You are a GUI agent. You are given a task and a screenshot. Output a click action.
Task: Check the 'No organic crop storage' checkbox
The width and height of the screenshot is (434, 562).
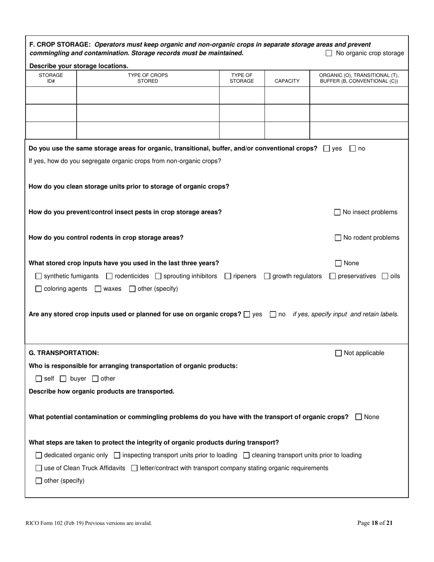[329, 53]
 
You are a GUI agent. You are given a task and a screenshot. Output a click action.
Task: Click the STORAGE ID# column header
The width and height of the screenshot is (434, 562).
[51, 78]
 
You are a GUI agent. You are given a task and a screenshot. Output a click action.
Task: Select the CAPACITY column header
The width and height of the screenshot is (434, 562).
[287, 81]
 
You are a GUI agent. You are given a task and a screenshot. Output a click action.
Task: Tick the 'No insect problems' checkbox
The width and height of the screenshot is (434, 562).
[338, 212]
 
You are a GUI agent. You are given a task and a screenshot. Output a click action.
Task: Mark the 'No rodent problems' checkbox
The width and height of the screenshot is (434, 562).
[338, 238]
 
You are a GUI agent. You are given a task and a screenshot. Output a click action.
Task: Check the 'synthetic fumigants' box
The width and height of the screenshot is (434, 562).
[38, 276]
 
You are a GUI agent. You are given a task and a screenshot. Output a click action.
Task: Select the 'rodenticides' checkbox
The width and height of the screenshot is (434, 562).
[109, 276]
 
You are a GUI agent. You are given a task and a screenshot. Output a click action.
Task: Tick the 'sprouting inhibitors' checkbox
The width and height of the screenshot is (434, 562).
[158, 276]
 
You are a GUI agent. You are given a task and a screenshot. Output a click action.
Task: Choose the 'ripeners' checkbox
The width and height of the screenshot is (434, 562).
[228, 276]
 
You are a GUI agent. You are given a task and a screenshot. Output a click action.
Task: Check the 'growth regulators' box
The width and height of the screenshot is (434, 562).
[267, 276]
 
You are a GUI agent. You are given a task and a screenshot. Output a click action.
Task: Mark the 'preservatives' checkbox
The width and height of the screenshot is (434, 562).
[333, 276]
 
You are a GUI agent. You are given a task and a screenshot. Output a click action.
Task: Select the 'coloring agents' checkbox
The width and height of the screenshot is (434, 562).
[38, 289]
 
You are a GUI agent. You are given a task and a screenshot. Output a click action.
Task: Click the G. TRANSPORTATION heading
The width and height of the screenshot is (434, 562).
[64, 353]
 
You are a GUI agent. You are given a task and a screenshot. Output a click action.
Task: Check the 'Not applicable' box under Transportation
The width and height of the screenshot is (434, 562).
[339, 353]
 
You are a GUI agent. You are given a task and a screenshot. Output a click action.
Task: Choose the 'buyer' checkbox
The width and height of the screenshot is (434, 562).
[64, 379]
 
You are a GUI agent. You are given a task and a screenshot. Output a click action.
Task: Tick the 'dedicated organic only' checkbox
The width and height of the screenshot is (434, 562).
[38, 455]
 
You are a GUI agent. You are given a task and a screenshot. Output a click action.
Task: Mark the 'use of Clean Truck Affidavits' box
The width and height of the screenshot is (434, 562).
[38, 468]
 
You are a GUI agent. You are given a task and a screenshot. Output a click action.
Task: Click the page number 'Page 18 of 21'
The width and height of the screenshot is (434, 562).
[375, 523]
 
